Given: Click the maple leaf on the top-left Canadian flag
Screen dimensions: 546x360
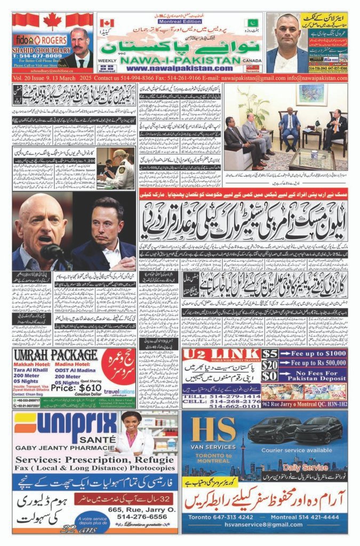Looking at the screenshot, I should [x=52, y=21].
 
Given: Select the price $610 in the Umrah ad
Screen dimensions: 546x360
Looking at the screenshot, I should [x=78, y=388].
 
